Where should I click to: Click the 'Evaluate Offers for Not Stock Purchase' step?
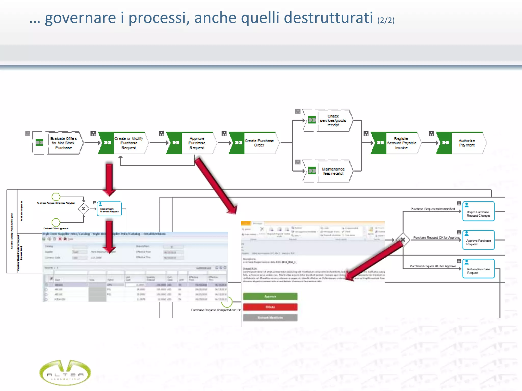point(63,143)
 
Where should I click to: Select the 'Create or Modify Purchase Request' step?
point(128,143)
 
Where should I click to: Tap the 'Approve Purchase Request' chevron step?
point(197,143)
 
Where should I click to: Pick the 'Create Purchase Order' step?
point(259,143)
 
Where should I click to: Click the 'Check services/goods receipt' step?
point(333,120)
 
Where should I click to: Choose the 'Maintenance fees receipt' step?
point(333,171)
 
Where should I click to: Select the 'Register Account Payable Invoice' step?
point(401,143)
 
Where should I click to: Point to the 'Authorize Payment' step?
point(467,143)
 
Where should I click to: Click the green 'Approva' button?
point(270,297)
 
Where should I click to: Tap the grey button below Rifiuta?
point(270,318)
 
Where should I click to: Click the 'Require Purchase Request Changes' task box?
point(478,212)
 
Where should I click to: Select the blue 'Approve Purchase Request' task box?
point(478,240)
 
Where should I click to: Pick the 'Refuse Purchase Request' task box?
point(478,269)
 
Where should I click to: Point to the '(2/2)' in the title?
point(386,20)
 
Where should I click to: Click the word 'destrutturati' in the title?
point(328,18)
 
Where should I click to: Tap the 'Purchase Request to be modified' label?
point(433,209)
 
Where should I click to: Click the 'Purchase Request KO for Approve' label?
point(433,266)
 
